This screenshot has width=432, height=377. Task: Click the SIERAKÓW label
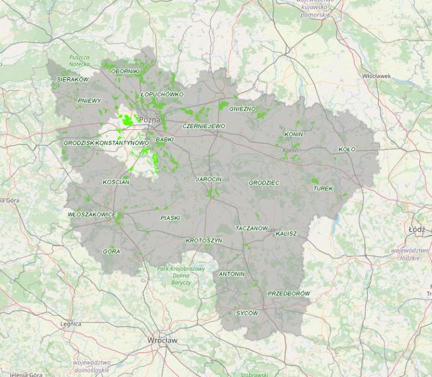(72, 79)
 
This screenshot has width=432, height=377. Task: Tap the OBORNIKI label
(125, 71)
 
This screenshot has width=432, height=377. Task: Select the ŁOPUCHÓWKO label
(162, 94)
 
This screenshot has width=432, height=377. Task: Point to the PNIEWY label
(89, 100)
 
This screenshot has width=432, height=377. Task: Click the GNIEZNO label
(243, 109)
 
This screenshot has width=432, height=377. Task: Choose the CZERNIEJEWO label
(203, 126)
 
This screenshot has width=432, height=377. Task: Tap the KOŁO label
(347, 149)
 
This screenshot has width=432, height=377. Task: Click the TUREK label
(323, 188)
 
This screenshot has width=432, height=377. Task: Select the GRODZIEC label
(264, 182)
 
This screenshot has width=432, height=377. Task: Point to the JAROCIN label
(209, 179)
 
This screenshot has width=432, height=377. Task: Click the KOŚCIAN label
(116, 182)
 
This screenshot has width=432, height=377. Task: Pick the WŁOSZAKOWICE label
(92, 214)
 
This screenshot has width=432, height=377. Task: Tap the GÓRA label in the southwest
(111, 251)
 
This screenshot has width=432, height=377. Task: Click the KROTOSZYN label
(204, 240)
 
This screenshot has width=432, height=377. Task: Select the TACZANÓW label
(252, 228)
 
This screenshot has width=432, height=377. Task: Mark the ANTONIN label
(232, 274)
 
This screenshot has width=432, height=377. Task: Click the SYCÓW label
(247, 314)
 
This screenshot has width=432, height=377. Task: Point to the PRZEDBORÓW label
(288, 294)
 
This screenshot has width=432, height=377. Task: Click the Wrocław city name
(162, 341)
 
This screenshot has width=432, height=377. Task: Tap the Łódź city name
(416, 230)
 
